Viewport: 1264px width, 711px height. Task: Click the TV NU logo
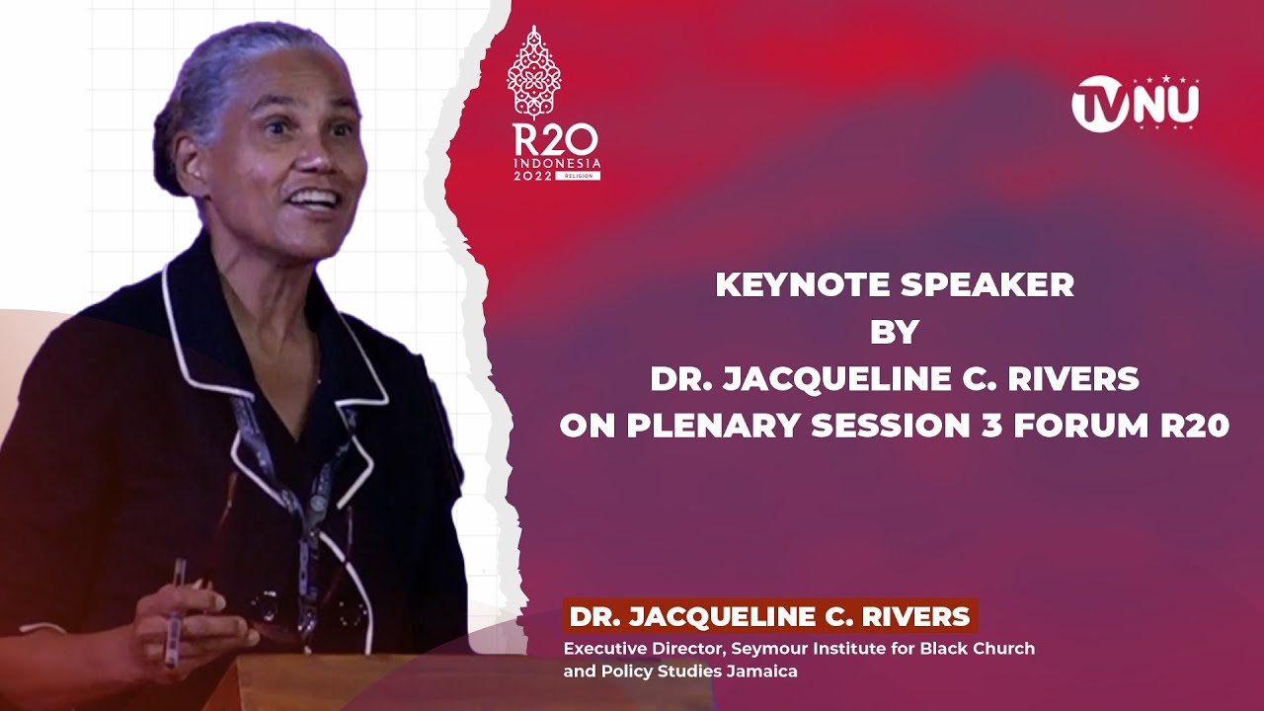click(x=1136, y=103)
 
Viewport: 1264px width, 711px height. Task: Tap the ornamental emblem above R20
click(x=534, y=73)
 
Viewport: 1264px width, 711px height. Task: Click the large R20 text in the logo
click(x=554, y=139)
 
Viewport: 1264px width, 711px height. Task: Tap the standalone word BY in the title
click(x=894, y=332)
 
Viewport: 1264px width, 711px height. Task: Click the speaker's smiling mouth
click(x=314, y=199)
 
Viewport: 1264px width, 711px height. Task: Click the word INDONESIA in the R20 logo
click(x=556, y=162)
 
